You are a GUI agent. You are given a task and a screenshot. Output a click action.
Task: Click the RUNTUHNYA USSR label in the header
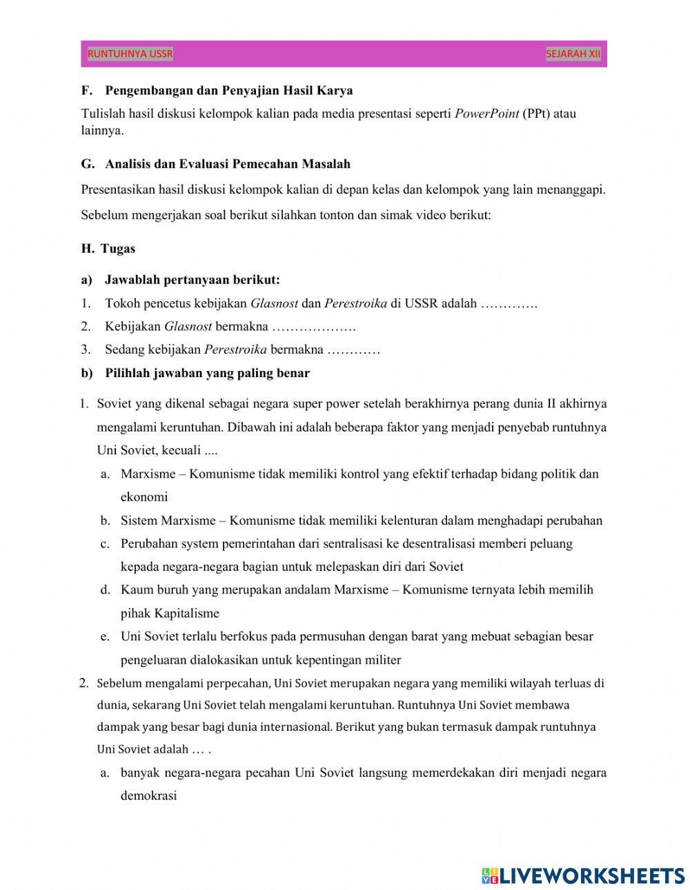point(130,54)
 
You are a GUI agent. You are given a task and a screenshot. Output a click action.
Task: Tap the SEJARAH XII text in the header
point(573,54)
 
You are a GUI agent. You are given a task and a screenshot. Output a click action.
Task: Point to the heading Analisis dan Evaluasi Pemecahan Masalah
point(228,164)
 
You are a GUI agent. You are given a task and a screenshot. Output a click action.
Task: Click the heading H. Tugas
point(108,249)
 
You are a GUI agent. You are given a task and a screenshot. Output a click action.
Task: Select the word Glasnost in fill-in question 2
point(188,326)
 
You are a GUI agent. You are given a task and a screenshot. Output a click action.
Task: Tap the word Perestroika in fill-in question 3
point(235,350)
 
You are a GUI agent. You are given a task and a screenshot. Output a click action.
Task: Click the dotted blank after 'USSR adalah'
point(509,303)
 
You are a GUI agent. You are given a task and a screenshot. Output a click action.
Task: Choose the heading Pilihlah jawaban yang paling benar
point(207,373)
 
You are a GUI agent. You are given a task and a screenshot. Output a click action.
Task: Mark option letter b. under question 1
point(105,520)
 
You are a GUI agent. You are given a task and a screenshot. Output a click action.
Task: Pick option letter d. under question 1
point(105,590)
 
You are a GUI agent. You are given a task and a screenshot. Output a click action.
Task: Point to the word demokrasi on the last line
point(148,796)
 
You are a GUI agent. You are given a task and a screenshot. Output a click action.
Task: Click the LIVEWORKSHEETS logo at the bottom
point(583,876)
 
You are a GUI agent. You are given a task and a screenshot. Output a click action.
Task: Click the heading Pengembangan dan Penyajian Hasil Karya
point(228,90)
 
